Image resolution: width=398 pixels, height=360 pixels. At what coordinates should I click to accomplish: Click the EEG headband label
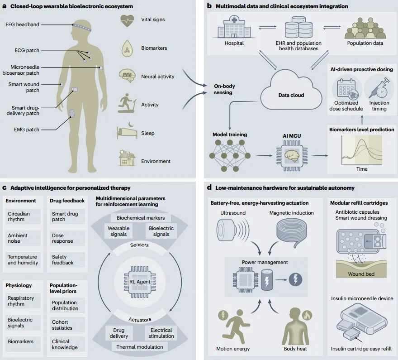click(22, 24)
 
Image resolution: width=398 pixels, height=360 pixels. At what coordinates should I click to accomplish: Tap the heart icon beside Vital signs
click(127, 20)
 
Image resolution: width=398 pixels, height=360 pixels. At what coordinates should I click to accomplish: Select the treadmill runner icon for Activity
click(127, 103)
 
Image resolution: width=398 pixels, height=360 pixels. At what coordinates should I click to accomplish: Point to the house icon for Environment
click(127, 158)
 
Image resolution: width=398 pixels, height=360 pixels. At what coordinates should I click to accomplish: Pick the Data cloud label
click(291, 95)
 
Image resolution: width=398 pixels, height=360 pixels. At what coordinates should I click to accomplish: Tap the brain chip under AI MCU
click(292, 155)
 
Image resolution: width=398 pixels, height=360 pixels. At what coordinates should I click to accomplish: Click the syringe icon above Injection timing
click(379, 88)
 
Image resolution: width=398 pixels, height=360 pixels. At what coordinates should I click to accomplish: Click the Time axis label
click(362, 169)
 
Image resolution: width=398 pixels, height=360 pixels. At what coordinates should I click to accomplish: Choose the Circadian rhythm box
click(23, 216)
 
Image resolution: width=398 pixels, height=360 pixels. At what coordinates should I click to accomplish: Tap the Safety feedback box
click(67, 259)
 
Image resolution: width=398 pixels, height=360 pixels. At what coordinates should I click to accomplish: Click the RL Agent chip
click(140, 282)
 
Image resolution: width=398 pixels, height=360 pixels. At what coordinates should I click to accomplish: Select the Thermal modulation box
click(140, 347)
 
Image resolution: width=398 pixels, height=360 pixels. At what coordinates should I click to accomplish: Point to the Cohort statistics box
click(67, 325)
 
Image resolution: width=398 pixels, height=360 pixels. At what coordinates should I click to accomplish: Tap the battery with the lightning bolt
click(267, 280)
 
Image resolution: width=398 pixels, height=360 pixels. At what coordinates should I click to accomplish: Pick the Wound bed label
click(361, 274)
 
